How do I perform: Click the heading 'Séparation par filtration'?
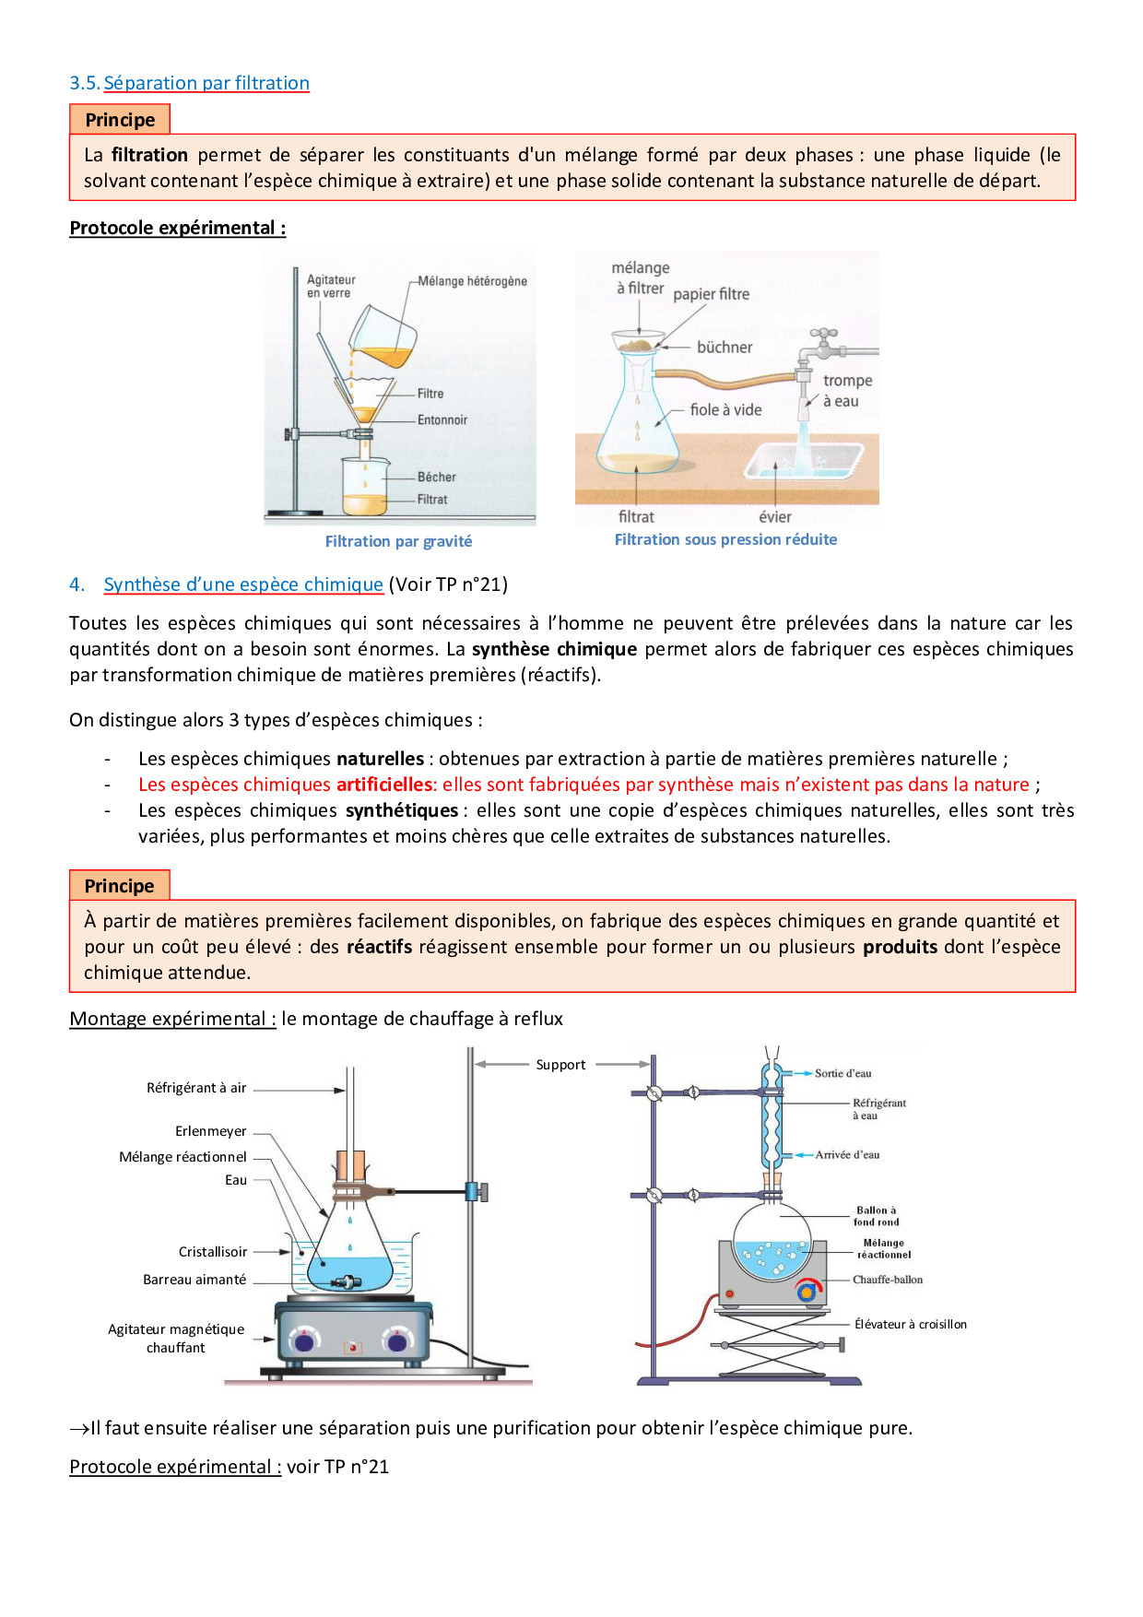(x=206, y=83)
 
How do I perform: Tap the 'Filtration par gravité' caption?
(x=398, y=541)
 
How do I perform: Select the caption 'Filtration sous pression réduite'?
(x=725, y=539)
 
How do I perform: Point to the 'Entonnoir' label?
(x=442, y=420)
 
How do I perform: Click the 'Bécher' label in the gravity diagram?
(x=436, y=477)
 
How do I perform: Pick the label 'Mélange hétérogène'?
(x=472, y=281)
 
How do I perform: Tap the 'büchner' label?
(x=725, y=348)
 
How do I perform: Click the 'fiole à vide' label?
(x=725, y=410)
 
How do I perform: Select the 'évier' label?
(x=774, y=517)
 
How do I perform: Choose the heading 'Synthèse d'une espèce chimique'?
(x=243, y=584)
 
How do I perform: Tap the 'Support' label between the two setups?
(x=560, y=1065)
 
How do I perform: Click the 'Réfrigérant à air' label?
(x=196, y=1088)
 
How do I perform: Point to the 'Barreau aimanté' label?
(x=194, y=1280)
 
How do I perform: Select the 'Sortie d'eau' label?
(x=843, y=1073)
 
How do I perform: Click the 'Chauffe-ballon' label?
(x=887, y=1280)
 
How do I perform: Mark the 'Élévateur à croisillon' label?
(x=910, y=1324)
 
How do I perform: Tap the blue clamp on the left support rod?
(x=477, y=1191)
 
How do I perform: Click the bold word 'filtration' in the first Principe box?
(x=149, y=155)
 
